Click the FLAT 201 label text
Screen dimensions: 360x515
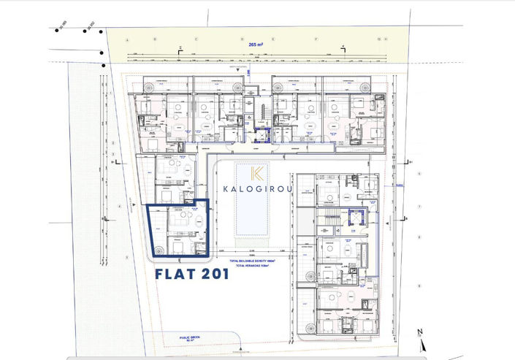[x=193, y=275]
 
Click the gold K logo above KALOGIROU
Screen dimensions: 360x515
[x=257, y=173]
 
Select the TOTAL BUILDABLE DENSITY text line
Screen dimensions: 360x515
[x=259, y=261]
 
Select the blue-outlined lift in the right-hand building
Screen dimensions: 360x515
[x=357, y=215]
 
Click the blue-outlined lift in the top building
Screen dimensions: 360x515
[x=267, y=134]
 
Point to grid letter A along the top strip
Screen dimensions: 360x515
[x=127, y=39]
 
